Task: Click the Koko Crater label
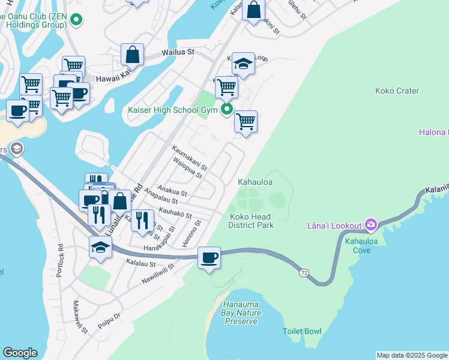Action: pos(397,91)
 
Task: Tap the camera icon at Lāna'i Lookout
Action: pos(371,225)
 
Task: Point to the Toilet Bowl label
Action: pos(302,331)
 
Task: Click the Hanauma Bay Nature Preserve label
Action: pos(242,313)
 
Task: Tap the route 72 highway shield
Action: pos(305,273)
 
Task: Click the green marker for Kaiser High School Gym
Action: pos(227,109)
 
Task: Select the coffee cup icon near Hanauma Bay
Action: pos(209,258)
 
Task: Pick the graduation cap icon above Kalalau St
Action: pos(100,247)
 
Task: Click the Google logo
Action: pos(20,353)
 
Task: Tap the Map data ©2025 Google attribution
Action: pos(412,355)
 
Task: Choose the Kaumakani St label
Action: pos(189,157)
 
